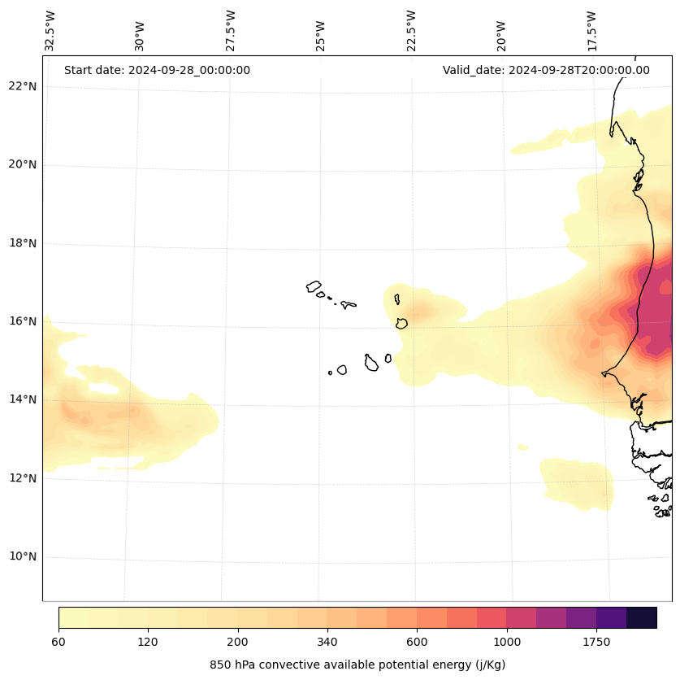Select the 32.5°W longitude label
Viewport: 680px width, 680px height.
point(50,31)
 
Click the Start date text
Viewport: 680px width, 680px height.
point(157,70)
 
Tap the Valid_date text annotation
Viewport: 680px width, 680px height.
point(546,70)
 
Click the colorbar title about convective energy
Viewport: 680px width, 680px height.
point(357,665)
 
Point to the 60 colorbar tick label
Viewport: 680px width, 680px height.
point(58,643)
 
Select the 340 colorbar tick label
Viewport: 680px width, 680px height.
point(327,643)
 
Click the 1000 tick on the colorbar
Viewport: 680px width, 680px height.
point(507,643)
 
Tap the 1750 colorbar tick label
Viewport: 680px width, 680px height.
point(596,643)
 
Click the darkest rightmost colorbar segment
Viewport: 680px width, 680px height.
point(641,617)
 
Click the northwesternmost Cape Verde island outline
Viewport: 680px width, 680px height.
point(314,286)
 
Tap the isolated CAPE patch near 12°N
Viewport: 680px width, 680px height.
point(578,483)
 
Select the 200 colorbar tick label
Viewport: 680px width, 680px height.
point(238,643)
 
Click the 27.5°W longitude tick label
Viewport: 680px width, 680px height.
point(232,31)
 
